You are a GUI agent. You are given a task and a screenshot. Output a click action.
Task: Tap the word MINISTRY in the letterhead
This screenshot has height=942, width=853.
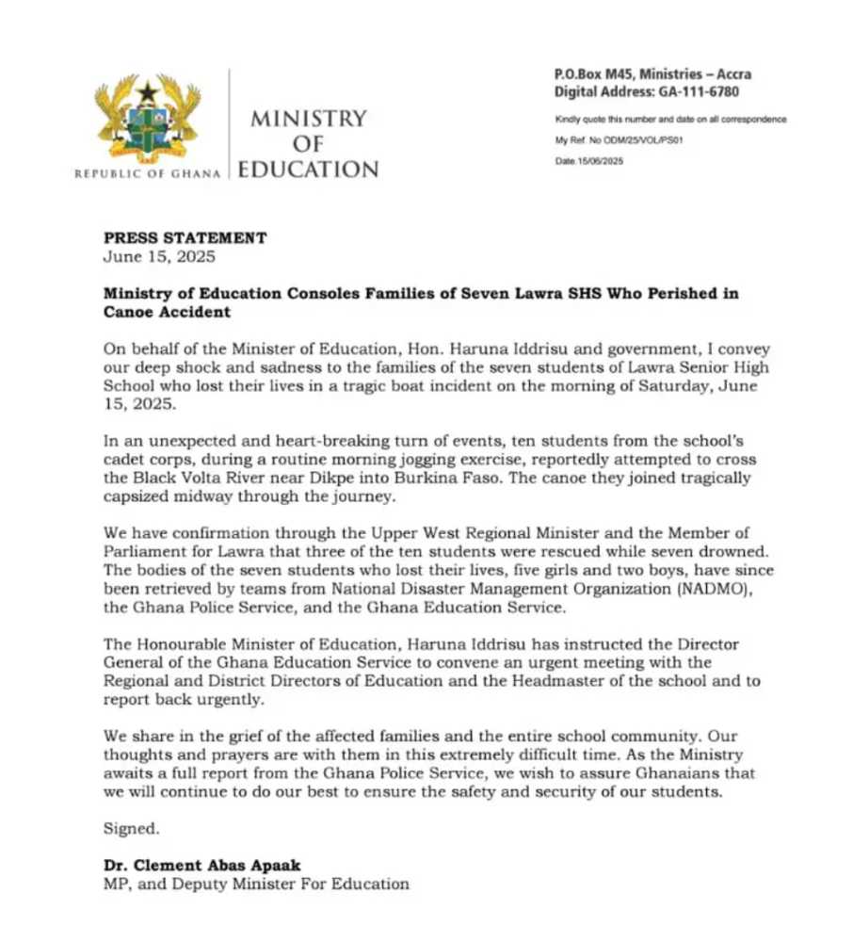pos(308,119)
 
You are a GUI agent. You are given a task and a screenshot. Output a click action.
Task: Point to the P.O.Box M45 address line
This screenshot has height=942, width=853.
pos(651,74)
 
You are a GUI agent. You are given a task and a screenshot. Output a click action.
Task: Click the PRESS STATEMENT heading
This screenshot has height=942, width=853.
pos(185,238)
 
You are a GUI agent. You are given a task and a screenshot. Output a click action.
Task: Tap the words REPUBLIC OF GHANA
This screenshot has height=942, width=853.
pos(148,173)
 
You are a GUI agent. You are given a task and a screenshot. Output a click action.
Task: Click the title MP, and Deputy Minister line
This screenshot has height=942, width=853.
pos(256,884)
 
